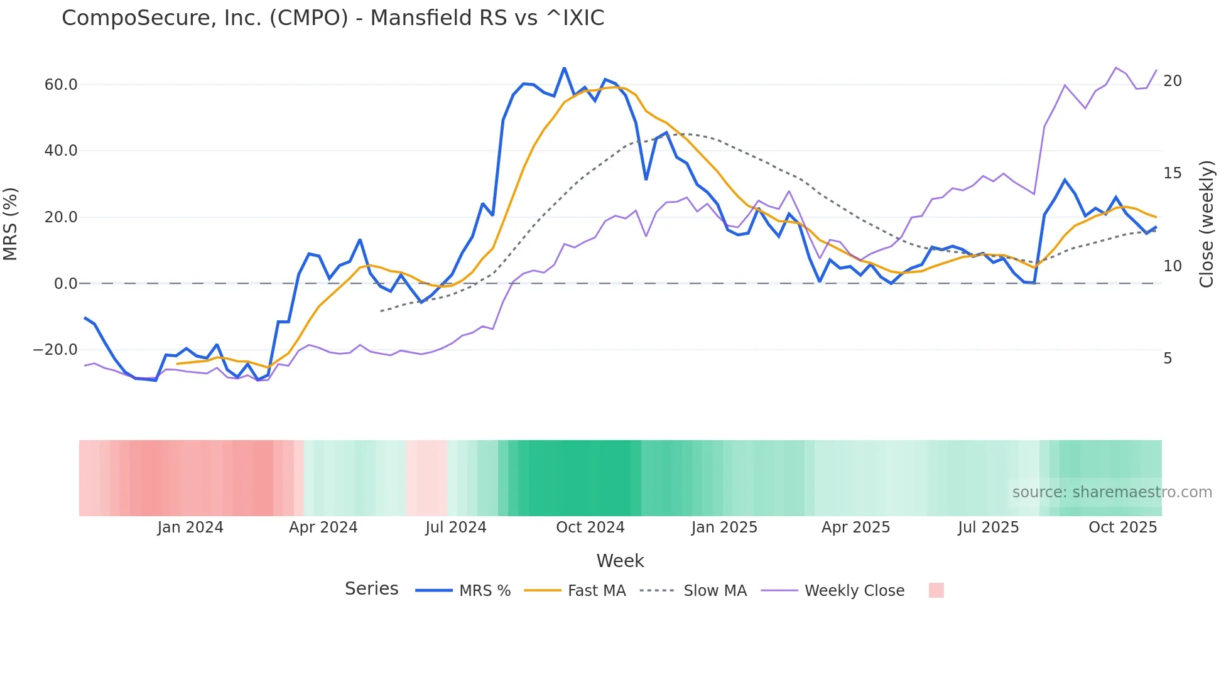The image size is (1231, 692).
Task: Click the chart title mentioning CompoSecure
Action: (333, 18)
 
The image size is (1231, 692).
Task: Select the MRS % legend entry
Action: (484, 591)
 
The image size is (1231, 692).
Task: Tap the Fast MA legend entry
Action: (596, 591)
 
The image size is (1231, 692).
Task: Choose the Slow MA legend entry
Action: (715, 591)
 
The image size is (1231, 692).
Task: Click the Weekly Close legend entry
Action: (854, 591)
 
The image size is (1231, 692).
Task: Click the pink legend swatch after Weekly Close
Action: (936, 590)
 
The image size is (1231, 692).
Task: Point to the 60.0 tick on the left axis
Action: (61, 85)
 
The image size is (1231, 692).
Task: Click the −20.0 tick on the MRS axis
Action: (55, 350)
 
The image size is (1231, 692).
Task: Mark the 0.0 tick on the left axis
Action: (65, 284)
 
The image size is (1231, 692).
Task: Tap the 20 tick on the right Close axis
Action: (1172, 81)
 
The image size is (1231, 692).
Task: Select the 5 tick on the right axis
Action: (1168, 359)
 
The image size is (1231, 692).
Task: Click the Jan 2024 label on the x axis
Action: (190, 527)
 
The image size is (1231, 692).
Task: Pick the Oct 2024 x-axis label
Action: (590, 527)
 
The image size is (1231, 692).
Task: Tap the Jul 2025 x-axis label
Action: (988, 527)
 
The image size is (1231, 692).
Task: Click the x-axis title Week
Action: (620, 561)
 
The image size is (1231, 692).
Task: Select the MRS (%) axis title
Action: (11, 224)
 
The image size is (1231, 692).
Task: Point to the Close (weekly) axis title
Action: (1207, 224)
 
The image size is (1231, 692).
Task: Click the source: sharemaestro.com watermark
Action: (1112, 492)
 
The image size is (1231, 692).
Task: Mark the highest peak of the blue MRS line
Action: (564, 68)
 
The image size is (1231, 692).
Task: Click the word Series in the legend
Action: (371, 589)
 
